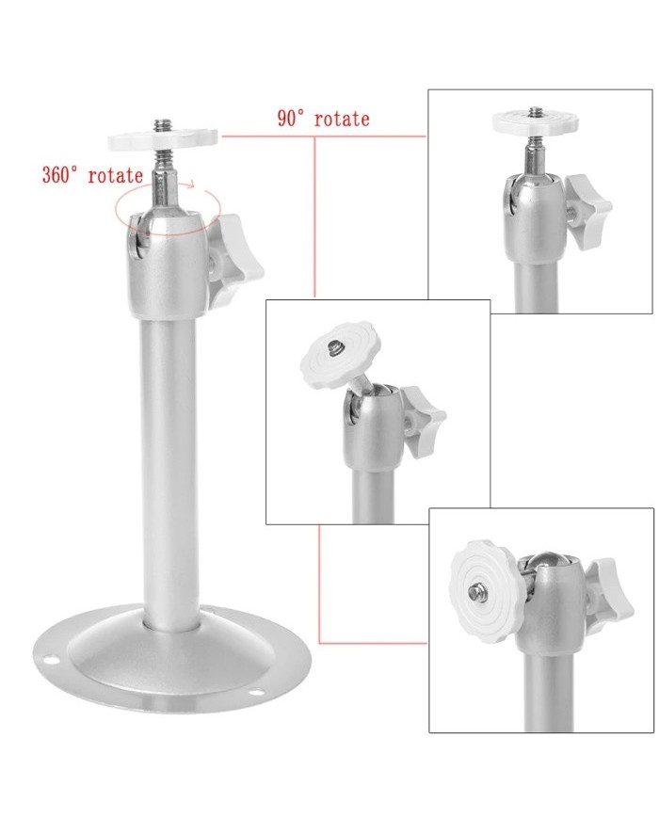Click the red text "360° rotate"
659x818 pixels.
(x=92, y=174)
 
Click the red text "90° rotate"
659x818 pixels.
(x=323, y=119)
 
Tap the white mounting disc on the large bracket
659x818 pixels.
(x=163, y=140)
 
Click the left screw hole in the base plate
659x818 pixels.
(x=50, y=658)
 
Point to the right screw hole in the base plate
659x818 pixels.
(x=255, y=692)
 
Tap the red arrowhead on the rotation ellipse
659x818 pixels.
(x=191, y=184)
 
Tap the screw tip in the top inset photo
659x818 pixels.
(x=535, y=112)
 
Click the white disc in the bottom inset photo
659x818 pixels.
(x=483, y=591)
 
